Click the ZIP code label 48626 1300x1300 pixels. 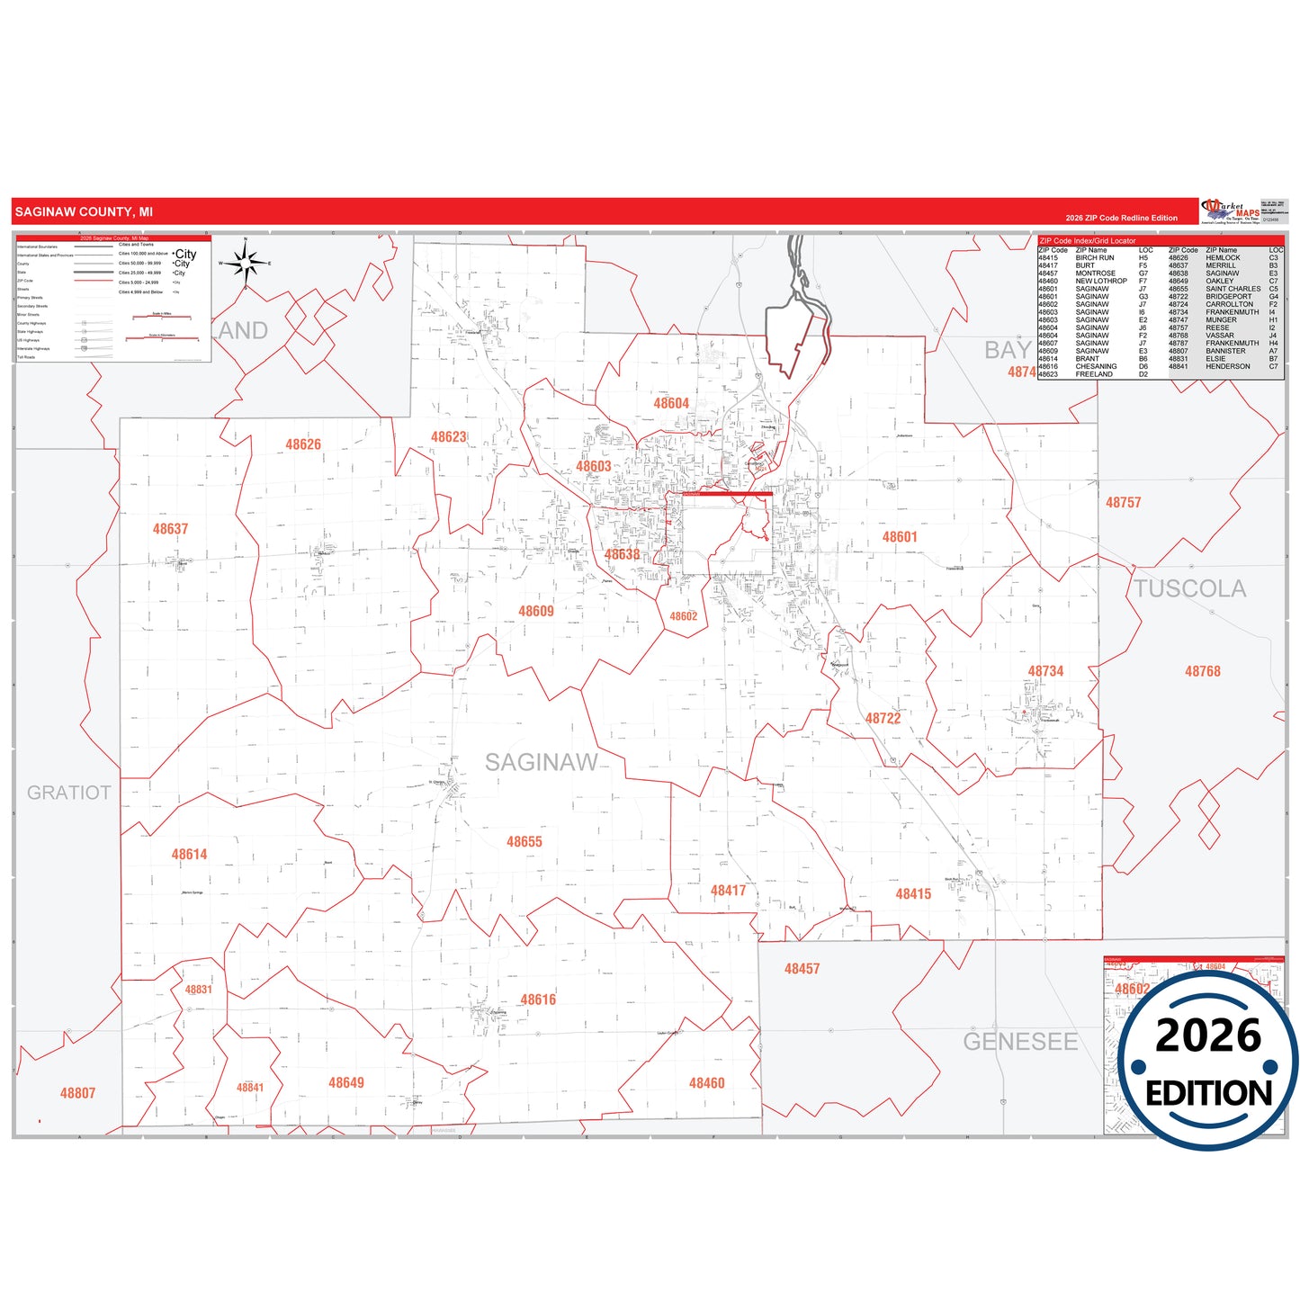point(303,444)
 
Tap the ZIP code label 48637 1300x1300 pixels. point(170,529)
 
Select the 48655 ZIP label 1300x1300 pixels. point(524,842)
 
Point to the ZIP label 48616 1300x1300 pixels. point(538,1000)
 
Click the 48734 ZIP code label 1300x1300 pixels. point(1045,671)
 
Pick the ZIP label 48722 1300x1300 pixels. point(883,718)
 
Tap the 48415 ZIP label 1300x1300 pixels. point(913,893)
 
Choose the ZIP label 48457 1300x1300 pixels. point(802,969)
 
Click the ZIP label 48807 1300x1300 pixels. point(77,1093)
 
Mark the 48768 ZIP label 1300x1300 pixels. point(1202,671)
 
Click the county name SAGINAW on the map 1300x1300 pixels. point(541,763)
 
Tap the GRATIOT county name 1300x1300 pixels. point(68,793)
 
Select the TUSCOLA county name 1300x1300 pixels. point(1189,588)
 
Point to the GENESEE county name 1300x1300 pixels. point(1020,1042)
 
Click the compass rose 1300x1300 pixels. point(245,263)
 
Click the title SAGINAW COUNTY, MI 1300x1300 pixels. point(84,212)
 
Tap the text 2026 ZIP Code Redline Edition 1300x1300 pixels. point(1121,218)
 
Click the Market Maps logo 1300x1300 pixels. point(1230,211)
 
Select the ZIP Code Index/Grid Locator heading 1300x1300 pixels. point(1087,240)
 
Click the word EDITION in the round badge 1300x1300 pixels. point(1208,1093)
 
